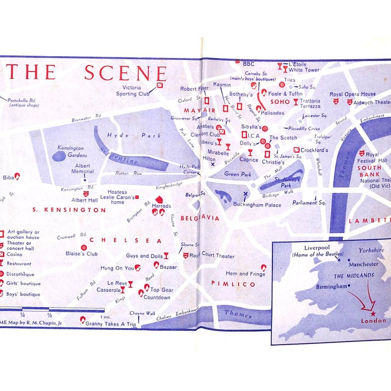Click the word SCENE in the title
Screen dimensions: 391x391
125,73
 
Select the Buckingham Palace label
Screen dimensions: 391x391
256,205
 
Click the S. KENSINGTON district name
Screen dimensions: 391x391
69,210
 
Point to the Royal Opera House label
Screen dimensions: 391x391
353,94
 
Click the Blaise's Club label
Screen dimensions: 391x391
82,253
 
